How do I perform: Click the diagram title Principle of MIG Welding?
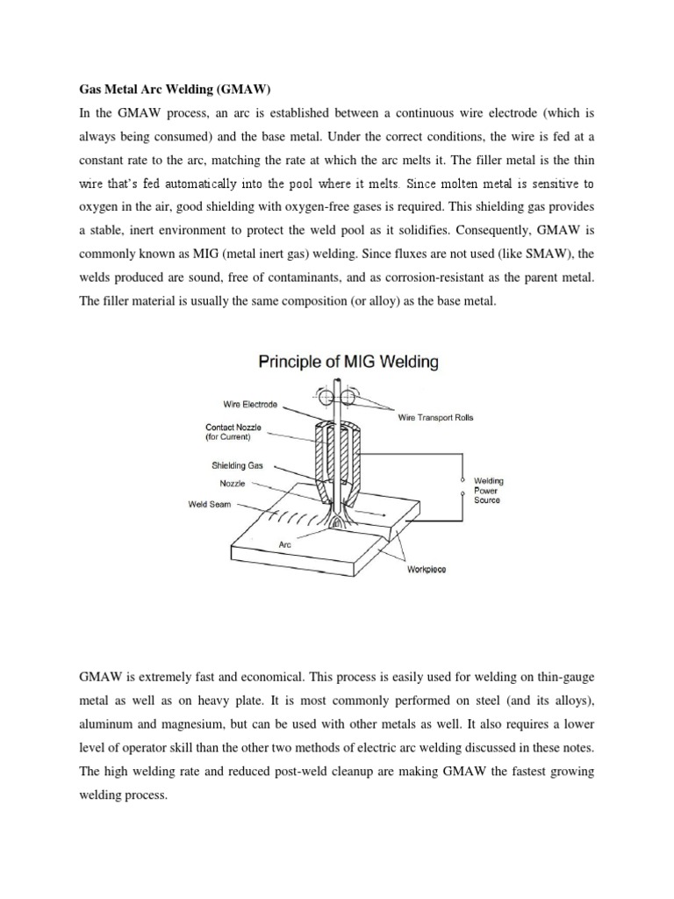point(336,362)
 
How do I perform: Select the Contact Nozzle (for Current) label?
point(233,432)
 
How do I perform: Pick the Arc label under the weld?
point(283,544)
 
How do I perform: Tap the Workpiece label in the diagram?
point(426,569)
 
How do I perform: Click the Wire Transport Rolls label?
point(435,418)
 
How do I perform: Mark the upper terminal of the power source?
point(462,480)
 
